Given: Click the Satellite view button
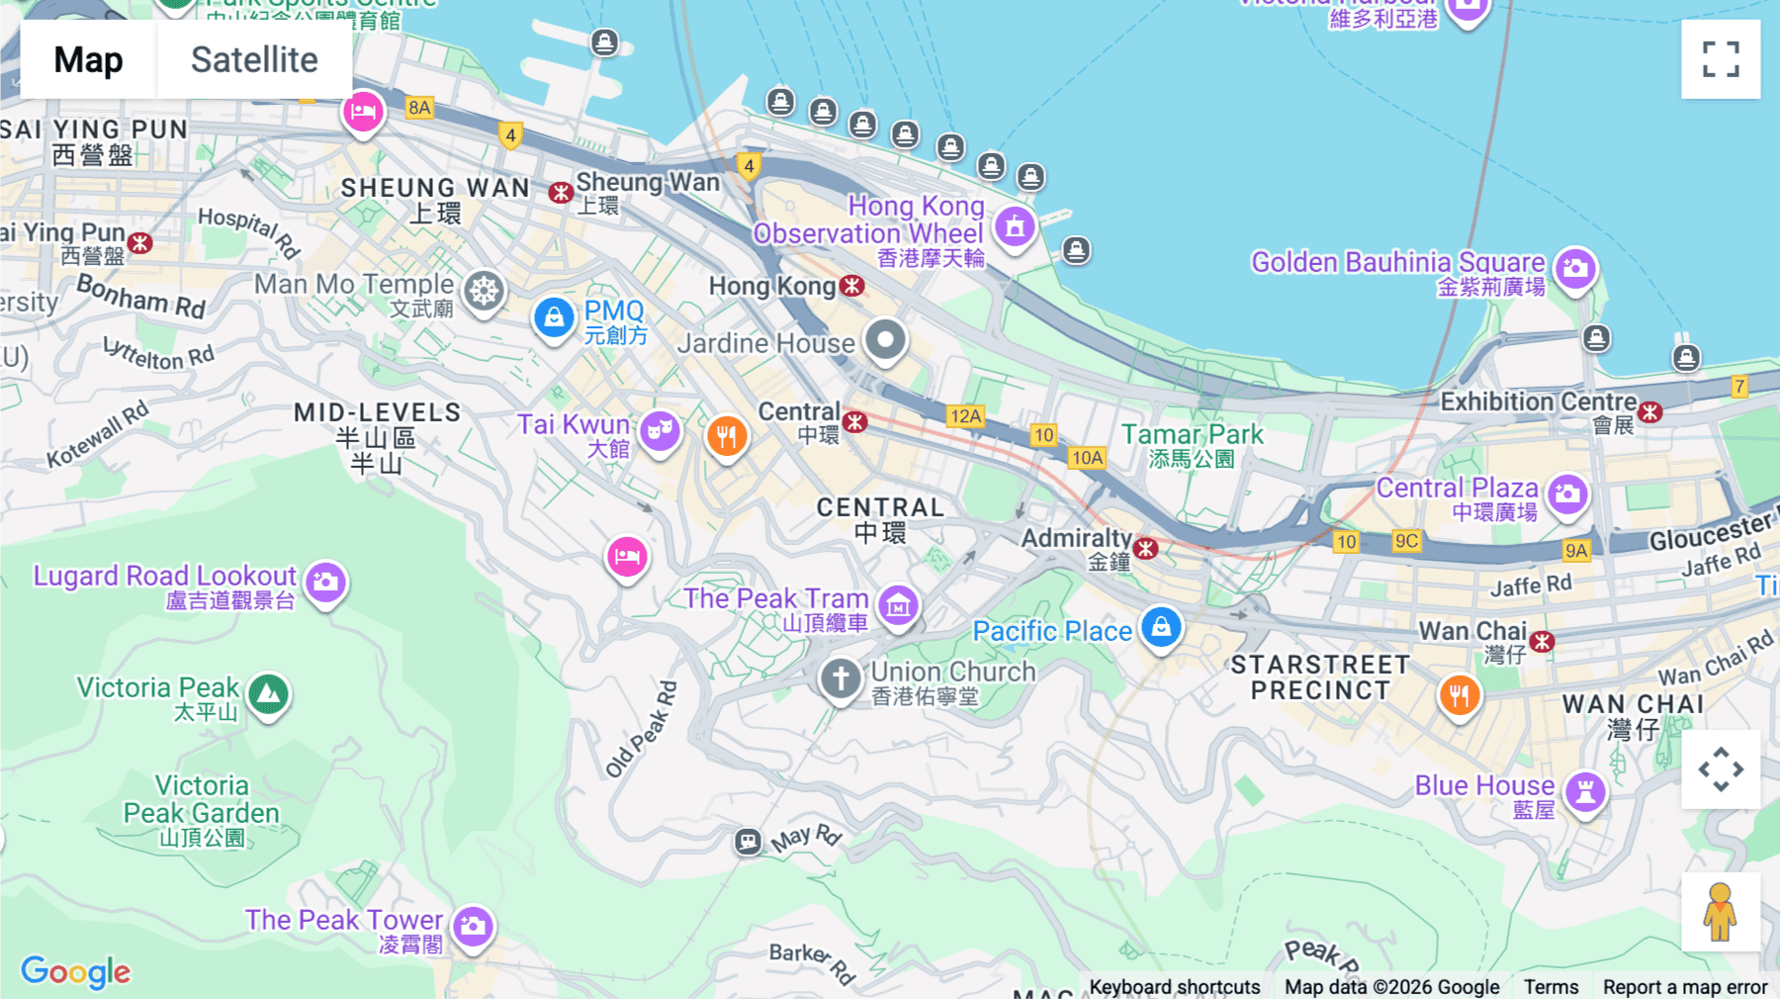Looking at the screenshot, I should (x=254, y=60).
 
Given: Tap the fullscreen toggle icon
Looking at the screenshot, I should (x=1720, y=59).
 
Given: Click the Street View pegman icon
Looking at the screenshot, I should (x=1720, y=912).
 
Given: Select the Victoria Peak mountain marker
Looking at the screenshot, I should (x=268, y=694).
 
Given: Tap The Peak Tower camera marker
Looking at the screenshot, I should (x=474, y=927).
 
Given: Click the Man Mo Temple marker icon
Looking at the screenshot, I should (x=485, y=292).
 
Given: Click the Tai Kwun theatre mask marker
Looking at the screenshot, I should (x=660, y=431).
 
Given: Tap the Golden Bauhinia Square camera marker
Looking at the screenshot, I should (x=1575, y=269).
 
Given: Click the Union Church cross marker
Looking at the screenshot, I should (x=841, y=680).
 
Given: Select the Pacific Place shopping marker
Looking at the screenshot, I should (x=1161, y=627).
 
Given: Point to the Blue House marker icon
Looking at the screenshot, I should (x=1585, y=792).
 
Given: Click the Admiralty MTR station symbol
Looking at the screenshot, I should (x=1146, y=548).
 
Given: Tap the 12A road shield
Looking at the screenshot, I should (x=965, y=416).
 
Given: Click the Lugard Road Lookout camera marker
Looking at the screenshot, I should (x=325, y=583).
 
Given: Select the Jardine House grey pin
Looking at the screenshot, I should (x=885, y=340).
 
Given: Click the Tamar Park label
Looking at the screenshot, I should (x=1192, y=435).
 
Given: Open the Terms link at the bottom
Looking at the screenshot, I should (x=1551, y=986).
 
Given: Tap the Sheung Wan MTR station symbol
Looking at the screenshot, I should (x=561, y=192).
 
